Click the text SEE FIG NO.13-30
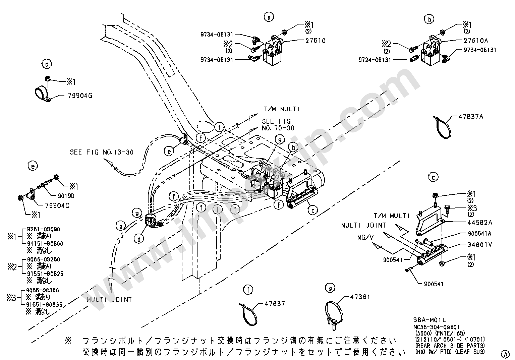[102, 152]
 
